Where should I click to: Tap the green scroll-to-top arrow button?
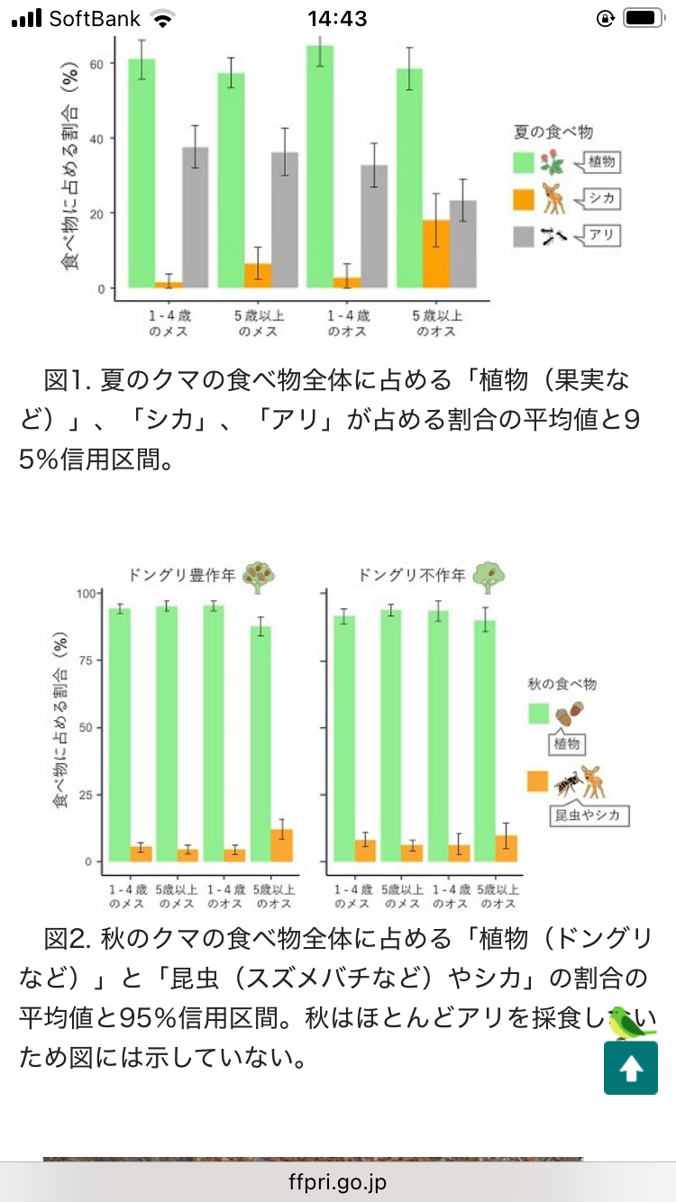(630, 1068)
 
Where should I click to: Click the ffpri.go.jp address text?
(338, 1181)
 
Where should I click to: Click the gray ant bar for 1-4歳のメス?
(196, 217)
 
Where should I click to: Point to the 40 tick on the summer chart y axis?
(101, 138)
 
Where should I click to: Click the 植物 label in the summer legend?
(602, 162)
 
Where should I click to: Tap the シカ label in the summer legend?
(602, 198)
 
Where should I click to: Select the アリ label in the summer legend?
(602, 236)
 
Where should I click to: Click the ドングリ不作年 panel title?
(411, 574)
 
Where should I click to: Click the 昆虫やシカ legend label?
(589, 815)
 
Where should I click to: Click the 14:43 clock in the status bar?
(337, 18)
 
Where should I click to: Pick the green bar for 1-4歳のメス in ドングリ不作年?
(343, 738)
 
